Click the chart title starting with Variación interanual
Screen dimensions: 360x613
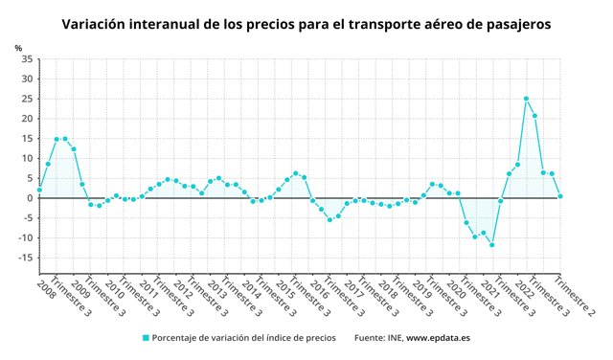coord(306,23)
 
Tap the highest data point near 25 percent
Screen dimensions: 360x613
coord(526,99)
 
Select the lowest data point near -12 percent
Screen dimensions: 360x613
coord(491,245)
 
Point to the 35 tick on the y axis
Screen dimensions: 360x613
coord(27,59)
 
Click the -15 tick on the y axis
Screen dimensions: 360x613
coord(25,258)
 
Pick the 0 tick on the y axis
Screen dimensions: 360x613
coord(30,198)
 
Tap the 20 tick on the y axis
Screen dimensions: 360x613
coord(27,119)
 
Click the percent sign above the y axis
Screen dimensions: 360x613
coord(18,47)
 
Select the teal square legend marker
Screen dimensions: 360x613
coord(146,337)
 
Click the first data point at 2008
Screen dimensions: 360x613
coord(39,190)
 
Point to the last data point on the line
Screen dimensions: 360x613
coord(560,196)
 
